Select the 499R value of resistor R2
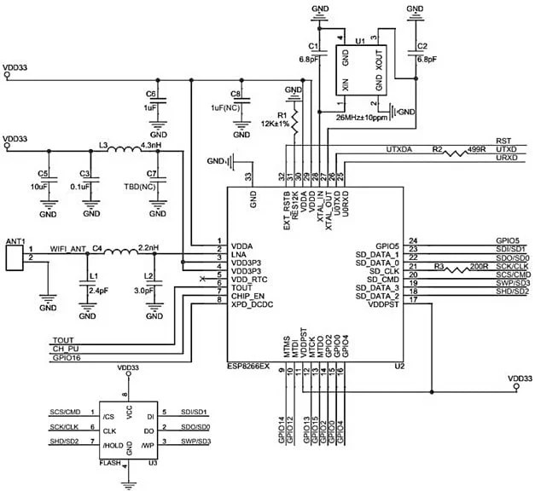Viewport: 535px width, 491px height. coord(477,151)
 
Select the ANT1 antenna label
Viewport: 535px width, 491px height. coord(17,240)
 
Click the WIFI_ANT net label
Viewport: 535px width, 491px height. coord(68,249)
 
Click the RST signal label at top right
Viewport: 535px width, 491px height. coord(503,140)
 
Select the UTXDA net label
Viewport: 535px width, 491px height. coord(400,149)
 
